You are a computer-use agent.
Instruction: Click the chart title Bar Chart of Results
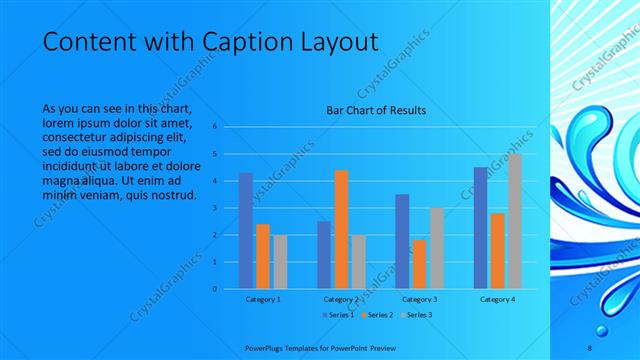click(x=376, y=109)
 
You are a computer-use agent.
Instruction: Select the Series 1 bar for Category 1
click(x=245, y=231)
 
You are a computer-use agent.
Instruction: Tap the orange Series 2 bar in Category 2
click(x=341, y=229)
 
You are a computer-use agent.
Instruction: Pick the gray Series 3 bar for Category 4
click(x=515, y=221)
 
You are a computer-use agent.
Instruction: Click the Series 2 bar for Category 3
click(x=419, y=264)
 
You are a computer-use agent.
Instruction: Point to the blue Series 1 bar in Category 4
click(x=480, y=228)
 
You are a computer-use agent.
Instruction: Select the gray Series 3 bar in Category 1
click(x=280, y=261)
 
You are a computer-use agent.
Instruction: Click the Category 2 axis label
click(x=341, y=299)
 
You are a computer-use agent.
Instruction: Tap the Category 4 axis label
click(x=497, y=299)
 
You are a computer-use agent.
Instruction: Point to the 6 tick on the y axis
click(x=214, y=127)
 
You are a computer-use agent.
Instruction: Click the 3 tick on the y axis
click(x=214, y=208)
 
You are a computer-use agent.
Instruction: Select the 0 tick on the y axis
click(x=214, y=289)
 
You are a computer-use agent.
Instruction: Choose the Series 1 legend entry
click(x=338, y=315)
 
